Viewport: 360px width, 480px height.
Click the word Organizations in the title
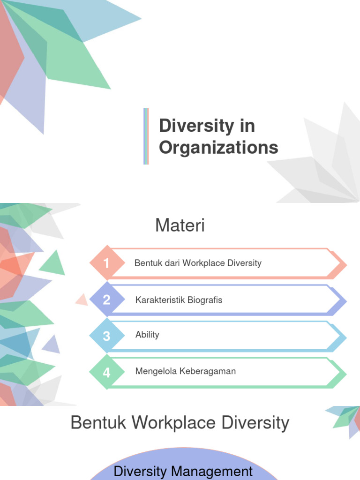pos(218,148)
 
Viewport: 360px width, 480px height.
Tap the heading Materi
pos(180,226)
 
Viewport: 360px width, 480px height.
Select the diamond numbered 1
pos(107,263)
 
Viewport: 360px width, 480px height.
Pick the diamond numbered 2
pos(107,300)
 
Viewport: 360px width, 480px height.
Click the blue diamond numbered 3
pos(107,336)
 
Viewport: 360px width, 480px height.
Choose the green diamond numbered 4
pos(107,373)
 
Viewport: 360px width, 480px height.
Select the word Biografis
pos(206,300)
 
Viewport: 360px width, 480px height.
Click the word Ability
pos(147,335)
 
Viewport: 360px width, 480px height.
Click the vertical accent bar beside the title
pos(146,136)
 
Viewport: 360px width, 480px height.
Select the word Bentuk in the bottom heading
pos(98,423)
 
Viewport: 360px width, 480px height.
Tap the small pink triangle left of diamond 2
pos(82,300)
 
